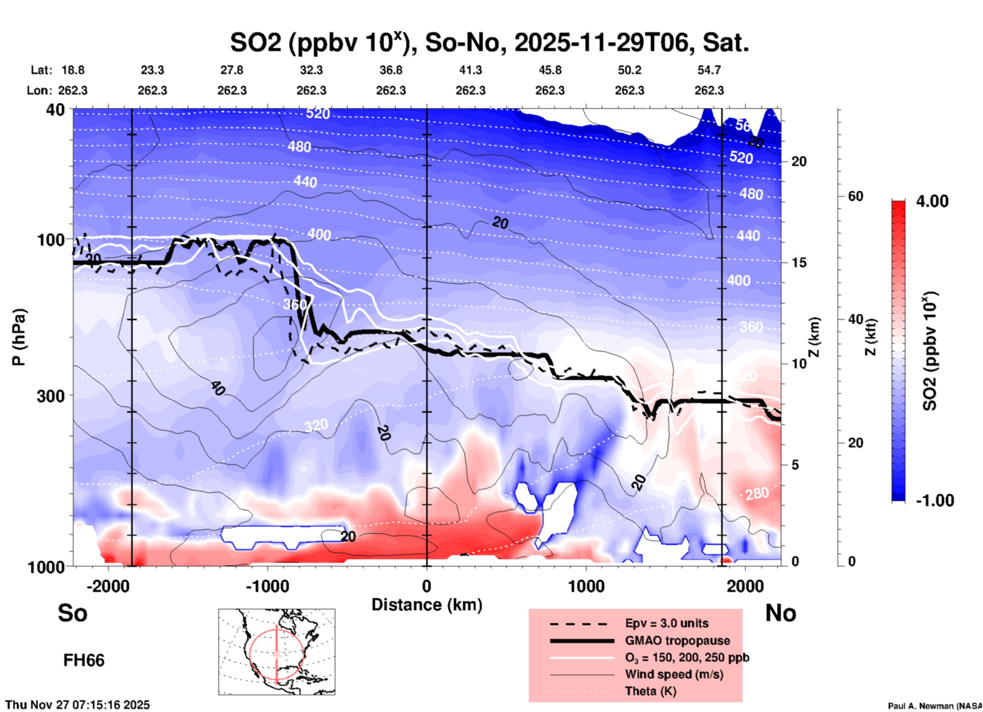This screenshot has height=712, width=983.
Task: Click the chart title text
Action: tap(489, 43)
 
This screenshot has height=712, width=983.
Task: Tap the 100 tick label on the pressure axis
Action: tap(51, 239)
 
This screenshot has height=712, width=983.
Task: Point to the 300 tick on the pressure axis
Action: tap(51, 396)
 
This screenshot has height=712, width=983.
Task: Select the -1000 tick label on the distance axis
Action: tap(267, 586)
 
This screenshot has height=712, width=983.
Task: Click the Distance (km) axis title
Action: tap(427, 605)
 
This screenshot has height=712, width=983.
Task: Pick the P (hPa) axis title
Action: tap(18, 337)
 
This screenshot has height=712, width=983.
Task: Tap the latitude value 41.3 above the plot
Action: tap(470, 70)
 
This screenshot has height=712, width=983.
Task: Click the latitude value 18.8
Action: tap(73, 70)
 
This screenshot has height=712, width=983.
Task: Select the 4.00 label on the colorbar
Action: tap(932, 201)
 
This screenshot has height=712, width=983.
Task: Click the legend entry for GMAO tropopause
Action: tap(677, 640)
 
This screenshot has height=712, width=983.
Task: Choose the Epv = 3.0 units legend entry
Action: tap(667, 624)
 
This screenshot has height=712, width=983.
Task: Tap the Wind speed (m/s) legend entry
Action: tap(674, 675)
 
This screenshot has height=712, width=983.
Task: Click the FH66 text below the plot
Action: tap(84, 660)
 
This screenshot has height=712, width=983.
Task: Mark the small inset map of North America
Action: tap(277, 652)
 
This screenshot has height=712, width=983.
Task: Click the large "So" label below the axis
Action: tap(72, 613)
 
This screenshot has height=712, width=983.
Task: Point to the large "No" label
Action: tap(780, 613)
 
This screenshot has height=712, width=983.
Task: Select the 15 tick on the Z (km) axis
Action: tap(799, 263)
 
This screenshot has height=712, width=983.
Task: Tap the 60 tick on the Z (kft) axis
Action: tap(855, 196)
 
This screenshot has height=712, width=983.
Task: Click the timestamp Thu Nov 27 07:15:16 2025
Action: tap(78, 705)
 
